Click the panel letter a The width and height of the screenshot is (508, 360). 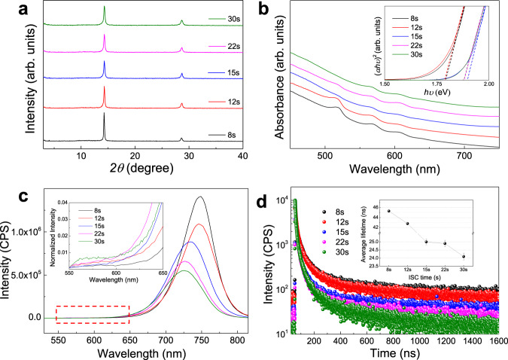click(x=11, y=10)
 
